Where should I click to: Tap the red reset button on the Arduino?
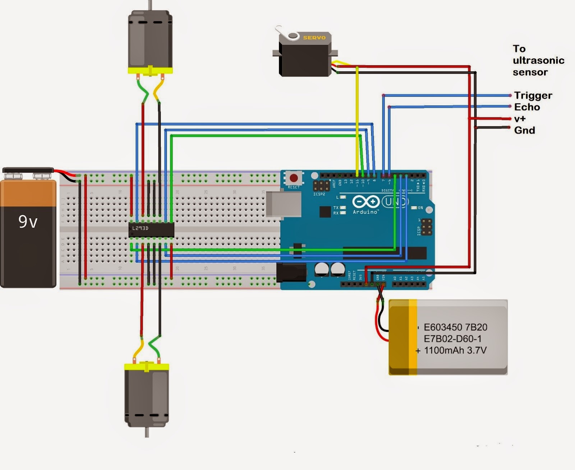tap(294, 178)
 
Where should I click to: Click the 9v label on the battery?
tap(28, 222)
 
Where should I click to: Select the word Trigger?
tap(533, 96)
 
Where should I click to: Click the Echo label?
tap(527, 107)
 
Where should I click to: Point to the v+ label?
tap(520, 118)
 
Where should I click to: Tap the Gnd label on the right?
tap(524, 130)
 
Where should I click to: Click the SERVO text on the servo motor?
tap(314, 38)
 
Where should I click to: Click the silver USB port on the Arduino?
tap(284, 204)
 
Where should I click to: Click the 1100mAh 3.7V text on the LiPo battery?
tap(455, 350)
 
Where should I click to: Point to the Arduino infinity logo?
tap(366, 202)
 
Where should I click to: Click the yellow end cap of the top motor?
tap(150, 70)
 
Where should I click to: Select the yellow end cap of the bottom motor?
tap(147, 367)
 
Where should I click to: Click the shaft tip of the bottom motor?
tap(147, 434)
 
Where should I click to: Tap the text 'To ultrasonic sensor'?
tap(538, 60)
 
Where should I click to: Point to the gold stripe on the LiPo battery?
tap(413, 338)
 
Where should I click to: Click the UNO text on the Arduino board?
tap(395, 202)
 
